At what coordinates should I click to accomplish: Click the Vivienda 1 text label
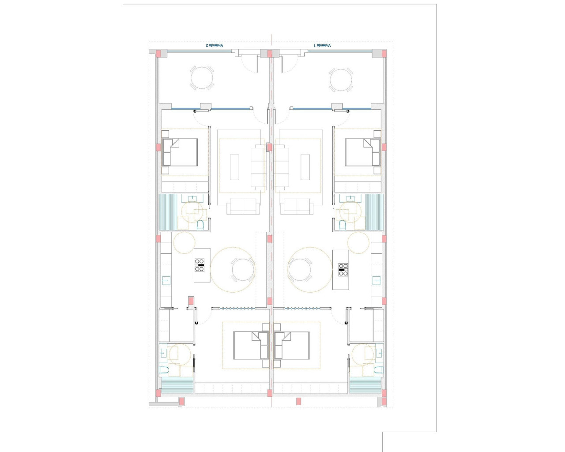coord(322,45)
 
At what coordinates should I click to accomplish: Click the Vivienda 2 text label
coord(215,45)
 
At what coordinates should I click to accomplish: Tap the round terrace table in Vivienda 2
coord(202,78)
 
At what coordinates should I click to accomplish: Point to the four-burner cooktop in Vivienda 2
coord(200,265)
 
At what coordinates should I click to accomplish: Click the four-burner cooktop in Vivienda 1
coord(343,269)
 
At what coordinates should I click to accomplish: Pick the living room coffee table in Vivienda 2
coord(234,167)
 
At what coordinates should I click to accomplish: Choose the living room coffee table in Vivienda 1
coord(305,167)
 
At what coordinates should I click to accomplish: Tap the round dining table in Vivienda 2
coord(243,270)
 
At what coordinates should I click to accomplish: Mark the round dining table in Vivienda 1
coord(300,270)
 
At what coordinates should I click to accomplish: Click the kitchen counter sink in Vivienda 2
coord(166,280)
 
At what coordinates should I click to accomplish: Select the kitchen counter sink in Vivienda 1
coord(377,280)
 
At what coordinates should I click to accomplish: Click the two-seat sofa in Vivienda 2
coord(243,206)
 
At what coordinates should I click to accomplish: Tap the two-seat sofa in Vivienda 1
coord(297,206)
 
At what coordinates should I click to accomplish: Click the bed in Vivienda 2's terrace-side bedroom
coord(180,152)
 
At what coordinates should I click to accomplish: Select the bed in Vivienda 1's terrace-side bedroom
coord(362,152)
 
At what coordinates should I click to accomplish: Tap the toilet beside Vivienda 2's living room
coord(200,225)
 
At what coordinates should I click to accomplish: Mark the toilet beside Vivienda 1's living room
coord(342,225)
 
